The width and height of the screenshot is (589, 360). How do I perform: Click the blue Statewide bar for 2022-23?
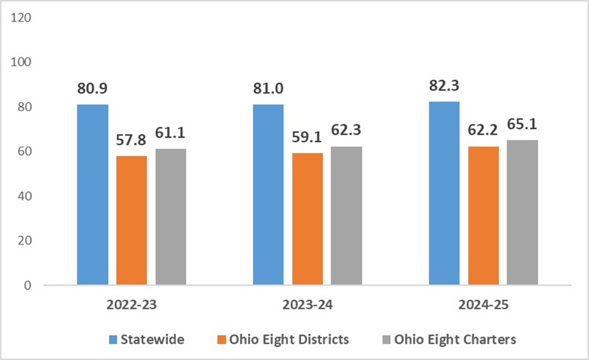coord(93,194)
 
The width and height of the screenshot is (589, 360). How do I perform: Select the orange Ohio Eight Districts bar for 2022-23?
coord(132,220)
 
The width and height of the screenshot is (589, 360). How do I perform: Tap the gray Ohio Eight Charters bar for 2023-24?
coord(346,216)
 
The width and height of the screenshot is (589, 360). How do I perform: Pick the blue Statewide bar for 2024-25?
coord(444,193)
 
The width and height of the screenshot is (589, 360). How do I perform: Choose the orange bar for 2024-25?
coord(484,216)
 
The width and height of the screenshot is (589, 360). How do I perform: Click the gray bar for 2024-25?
coord(522,212)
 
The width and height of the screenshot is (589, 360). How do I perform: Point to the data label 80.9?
coord(93,88)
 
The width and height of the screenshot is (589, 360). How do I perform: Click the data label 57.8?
coord(131,140)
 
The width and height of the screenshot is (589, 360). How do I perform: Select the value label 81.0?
coord(268,88)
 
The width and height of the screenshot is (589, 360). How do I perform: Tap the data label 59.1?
coord(307,137)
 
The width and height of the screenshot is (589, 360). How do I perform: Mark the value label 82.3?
coord(444,85)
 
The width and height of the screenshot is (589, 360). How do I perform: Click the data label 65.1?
coord(522,124)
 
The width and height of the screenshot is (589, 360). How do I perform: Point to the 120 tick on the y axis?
coord(21,18)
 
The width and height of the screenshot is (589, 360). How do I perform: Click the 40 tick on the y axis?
coord(24,196)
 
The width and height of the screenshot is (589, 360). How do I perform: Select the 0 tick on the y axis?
coord(28,286)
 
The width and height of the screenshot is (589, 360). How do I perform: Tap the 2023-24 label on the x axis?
coord(308,304)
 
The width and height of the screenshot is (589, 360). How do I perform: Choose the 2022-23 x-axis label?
coord(132,304)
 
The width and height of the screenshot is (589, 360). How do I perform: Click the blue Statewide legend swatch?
coord(113,339)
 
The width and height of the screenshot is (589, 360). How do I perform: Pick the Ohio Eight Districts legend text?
coord(289,339)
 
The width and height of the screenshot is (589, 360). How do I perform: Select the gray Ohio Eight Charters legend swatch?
coord(386,339)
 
